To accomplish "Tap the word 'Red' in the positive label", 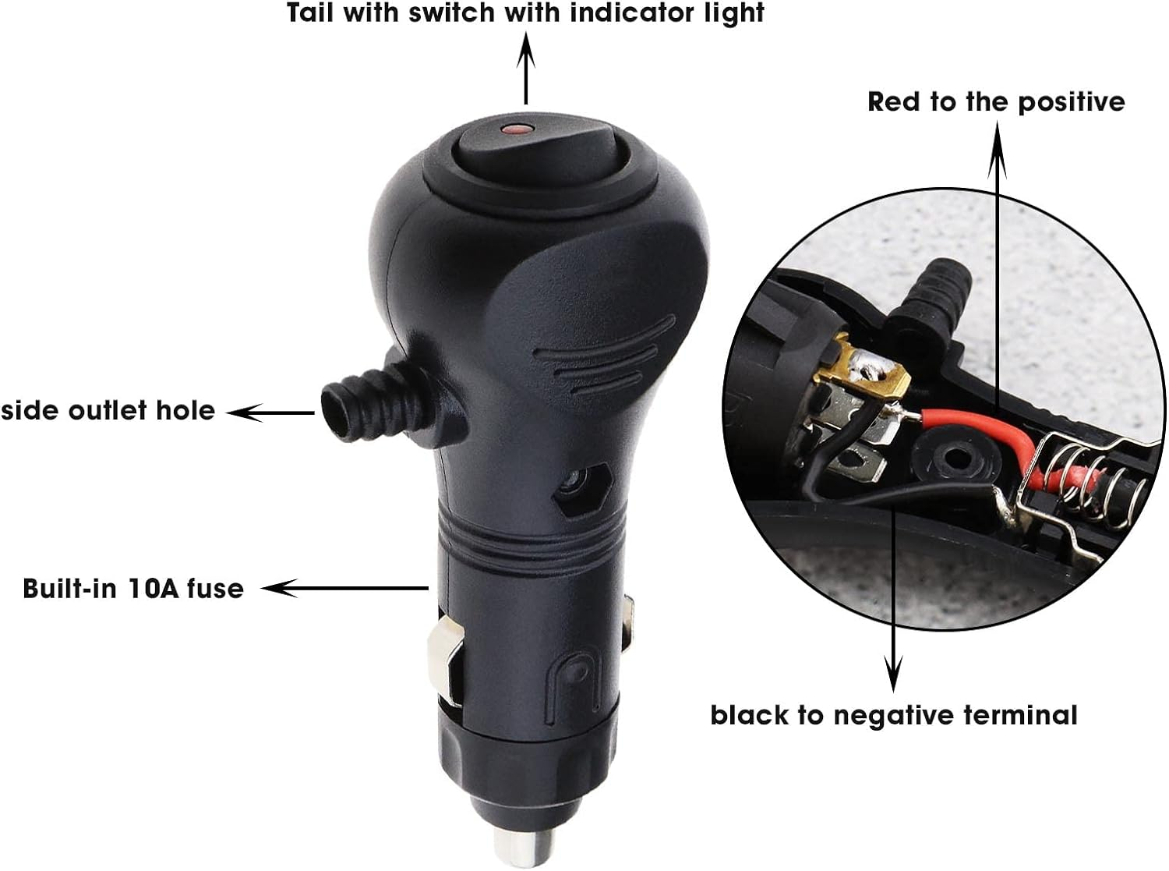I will click(x=895, y=102).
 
